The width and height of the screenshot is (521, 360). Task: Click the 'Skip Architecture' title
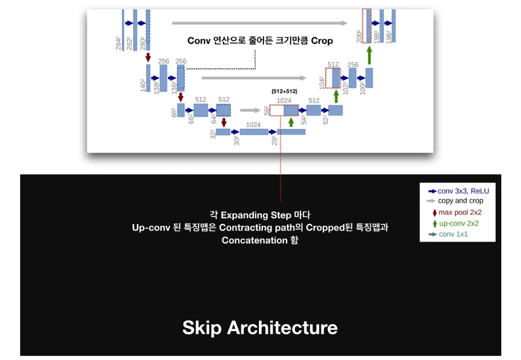click(x=260, y=328)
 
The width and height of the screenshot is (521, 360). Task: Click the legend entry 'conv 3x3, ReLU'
click(x=459, y=191)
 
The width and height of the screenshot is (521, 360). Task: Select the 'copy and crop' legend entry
click(x=455, y=201)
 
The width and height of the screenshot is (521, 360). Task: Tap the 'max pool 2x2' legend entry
click(x=457, y=212)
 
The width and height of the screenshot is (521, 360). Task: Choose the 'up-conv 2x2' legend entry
click(x=455, y=223)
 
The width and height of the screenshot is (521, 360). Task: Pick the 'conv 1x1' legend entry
click(x=448, y=234)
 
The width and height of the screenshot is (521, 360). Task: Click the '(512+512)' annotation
click(x=285, y=91)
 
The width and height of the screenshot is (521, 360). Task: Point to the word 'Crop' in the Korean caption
click(x=322, y=41)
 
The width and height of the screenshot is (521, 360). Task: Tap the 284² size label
click(x=118, y=44)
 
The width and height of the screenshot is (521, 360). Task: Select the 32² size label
click(x=213, y=134)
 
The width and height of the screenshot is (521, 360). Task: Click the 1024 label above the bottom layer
click(x=253, y=125)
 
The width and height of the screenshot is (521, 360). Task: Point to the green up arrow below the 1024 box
click(x=291, y=122)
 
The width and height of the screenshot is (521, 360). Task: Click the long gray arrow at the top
click(x=260, y=23)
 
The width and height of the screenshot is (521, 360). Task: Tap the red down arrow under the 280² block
click(x=148, y=57)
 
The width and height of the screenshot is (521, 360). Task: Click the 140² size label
click(x=143, y=85)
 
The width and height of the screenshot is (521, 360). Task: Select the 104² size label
click(x=322, y=83)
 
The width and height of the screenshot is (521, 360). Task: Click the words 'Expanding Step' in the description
click(x=256, y=216)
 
